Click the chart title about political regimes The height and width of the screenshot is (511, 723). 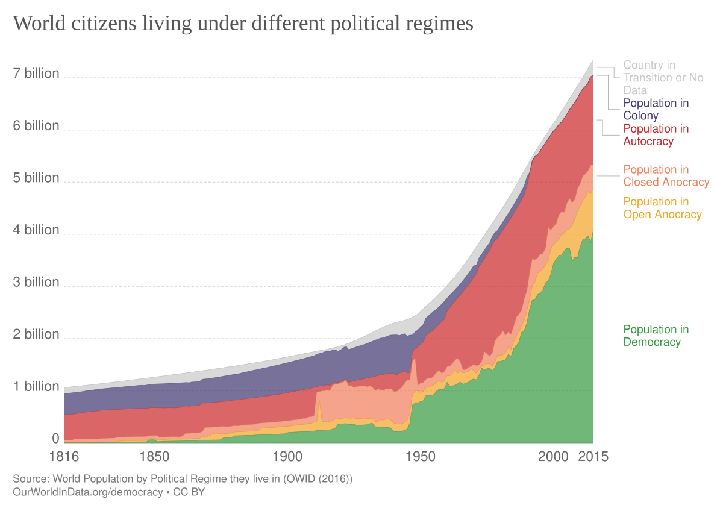coord(243,24)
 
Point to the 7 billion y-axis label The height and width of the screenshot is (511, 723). coord(37,74)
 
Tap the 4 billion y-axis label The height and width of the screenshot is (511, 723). coord(37,230)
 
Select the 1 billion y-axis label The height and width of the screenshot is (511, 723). coord(37,386)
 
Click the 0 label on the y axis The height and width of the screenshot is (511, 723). coord(55,438)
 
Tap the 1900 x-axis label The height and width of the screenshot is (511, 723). coord(286,456)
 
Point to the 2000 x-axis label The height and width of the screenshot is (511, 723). coord(553,456)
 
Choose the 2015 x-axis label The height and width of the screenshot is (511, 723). coord(593,456)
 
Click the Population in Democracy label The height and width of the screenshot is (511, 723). coord(656,336)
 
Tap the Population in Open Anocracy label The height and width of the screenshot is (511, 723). coord(662,208)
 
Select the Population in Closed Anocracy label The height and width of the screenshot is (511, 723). coord(666,176)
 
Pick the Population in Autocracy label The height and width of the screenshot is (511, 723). coord(656,135)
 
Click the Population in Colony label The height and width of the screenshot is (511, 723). coord(656,109)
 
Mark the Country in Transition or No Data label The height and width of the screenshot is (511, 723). coord(663,77)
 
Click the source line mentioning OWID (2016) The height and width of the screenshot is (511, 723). coord(183,480)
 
